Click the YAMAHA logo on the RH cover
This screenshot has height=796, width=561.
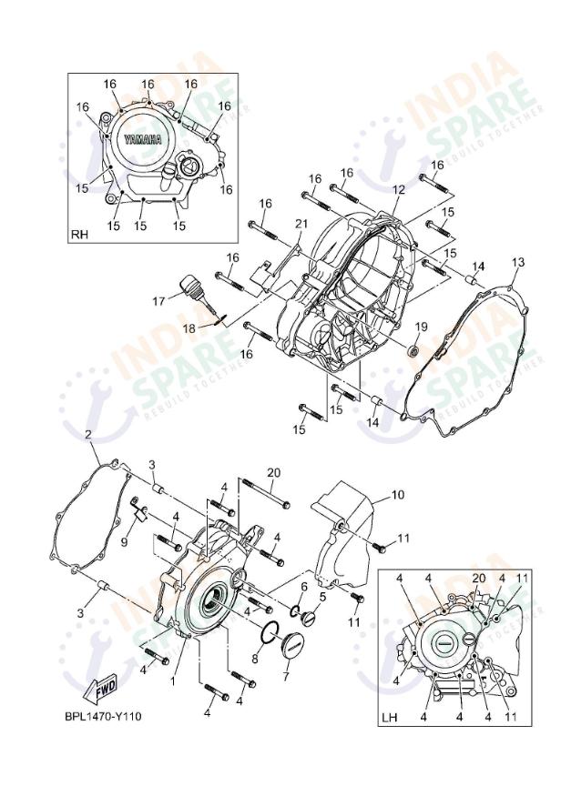[143, 139]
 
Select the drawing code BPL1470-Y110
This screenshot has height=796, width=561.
[103, 716]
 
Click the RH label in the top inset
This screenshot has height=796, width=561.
[79, 236]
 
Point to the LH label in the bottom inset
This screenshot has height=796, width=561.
[390, 718]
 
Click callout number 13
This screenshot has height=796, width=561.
[517, 262]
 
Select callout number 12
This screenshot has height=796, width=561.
[398, 189]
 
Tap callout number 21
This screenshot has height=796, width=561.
[301, 224]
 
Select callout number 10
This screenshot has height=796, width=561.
[397, 496]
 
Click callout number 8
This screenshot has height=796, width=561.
[255, 658]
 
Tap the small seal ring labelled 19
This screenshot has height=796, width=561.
[413, 349]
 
